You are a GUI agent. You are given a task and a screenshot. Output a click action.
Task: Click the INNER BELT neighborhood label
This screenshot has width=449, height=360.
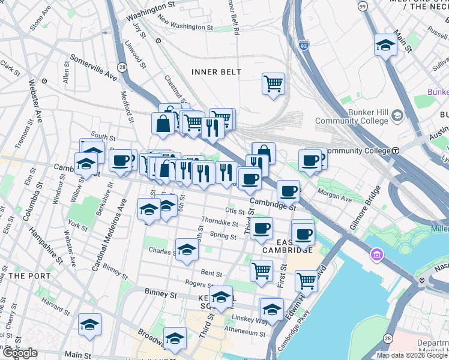coord(216,72)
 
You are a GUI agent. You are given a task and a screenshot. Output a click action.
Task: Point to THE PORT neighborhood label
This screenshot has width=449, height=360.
coord(25,275)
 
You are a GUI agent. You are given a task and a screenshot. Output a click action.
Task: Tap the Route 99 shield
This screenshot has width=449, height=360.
coord(362,6)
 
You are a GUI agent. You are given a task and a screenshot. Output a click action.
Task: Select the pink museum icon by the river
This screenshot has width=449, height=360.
coord(376,257)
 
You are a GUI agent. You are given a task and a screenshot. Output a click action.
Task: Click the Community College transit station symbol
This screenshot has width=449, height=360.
coord(396,151)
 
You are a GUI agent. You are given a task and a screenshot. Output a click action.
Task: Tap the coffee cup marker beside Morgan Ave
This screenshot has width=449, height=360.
coord(288,190)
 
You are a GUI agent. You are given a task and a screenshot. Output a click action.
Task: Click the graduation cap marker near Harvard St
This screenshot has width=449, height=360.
coord(89,324)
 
